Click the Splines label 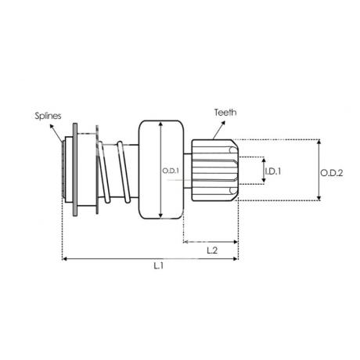tap(48, 116)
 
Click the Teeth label tap(225, 113)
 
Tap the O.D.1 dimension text tap(171, 171)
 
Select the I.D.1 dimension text tap(273, 171)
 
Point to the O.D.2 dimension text tap(332, 173)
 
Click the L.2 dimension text tap(212, 250)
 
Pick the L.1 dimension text tap(158, 266)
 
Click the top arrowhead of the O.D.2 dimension tap(319, 142)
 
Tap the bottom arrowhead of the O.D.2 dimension tap(319, 198)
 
